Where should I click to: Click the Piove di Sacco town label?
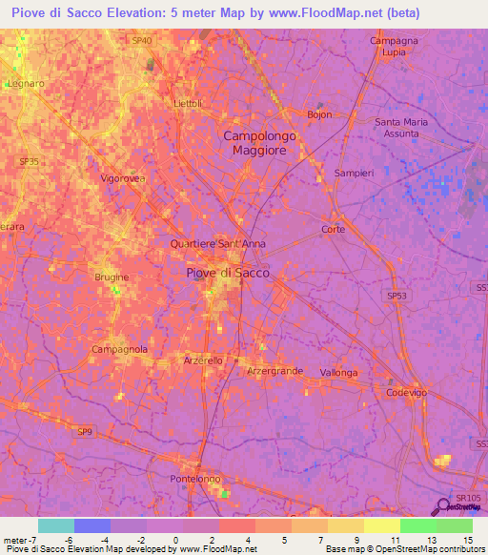click(227, 273)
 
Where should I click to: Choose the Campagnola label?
click(119, 350)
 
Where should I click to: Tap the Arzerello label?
click(202, 360)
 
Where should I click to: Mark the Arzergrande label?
click(275, 370)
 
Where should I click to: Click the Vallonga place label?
click(338, 372)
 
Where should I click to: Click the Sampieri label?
click(354, 173)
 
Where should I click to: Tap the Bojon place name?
click(318, 114)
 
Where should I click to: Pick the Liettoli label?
click(189, 103)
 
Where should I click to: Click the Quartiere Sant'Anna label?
click(217, 243)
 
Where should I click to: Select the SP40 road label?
click(142, 40)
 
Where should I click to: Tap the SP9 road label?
click(86, 432)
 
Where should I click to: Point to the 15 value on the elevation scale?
click(468, 540)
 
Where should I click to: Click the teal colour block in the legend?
click(56, 525)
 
